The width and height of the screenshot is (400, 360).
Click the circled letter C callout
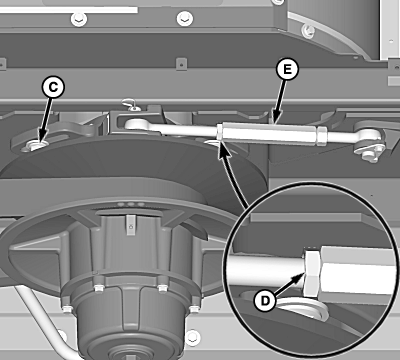tap(53, 87)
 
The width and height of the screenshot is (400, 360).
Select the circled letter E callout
tap(287, 69)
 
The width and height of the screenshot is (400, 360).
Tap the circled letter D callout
tap(265, 301)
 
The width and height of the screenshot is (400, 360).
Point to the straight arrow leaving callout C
tap(46, 121)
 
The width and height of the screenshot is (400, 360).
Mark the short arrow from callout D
tap(289, 283)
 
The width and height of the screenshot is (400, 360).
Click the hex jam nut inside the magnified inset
tap(312, 273)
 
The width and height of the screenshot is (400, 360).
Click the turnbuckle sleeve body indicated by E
tap(269, 133)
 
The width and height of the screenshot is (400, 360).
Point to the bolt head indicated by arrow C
tap(35, 145)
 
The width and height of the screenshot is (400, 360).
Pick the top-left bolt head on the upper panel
tap(79, 19)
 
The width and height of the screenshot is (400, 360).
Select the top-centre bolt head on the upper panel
tap(184, 19)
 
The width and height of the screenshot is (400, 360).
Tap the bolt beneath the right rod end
tap(368, 155)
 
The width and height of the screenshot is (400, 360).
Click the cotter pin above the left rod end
tap(131, 104)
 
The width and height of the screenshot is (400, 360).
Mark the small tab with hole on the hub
tap(131, 225)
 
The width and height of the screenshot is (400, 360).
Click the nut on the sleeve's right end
tap(322, 136)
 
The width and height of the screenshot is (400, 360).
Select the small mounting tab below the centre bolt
tap(181, 64)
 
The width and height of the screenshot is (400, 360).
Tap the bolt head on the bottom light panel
tap(193, 337)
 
